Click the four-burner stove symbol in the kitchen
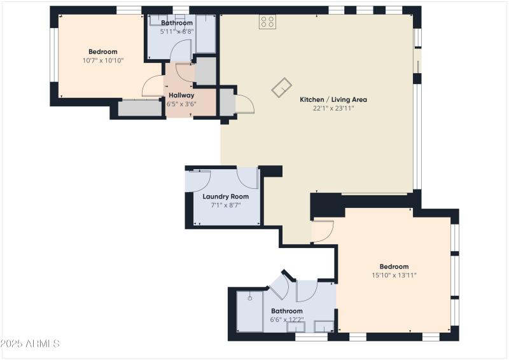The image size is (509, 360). [x=268, y=22]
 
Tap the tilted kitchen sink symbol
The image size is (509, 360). [x=281, y=88]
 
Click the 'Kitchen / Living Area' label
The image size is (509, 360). [x=333, y=99]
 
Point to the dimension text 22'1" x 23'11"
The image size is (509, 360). [x=333, y=108]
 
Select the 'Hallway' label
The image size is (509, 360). [x=181, y=95]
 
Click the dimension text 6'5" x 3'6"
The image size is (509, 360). [x=181, y=104]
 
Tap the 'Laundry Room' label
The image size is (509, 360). [x=225, y=197]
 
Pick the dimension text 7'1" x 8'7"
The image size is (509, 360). [x=225, y=205]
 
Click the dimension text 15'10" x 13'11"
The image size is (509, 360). [x=394, y=275]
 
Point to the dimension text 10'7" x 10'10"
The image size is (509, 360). [x=102, y=60]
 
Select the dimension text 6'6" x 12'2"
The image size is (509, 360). [x=286, y=320]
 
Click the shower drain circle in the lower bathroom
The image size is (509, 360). [x=251, y=296]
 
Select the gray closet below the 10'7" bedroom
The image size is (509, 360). [x=140, y=108]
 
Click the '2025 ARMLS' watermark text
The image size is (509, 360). [x=31, y=343]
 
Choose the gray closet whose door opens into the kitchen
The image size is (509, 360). [x=226, y=102]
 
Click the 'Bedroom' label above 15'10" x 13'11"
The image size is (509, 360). [x=394, y=267]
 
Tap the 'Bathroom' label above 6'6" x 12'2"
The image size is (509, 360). [x=286, y=311]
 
